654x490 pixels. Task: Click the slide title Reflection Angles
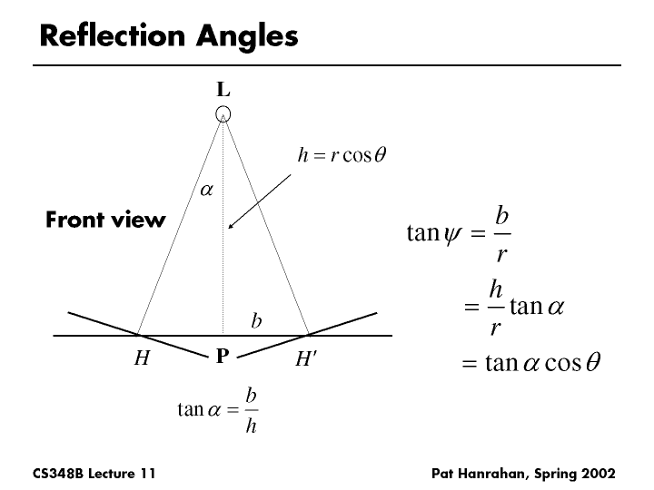169,36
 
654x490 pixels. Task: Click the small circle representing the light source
223,113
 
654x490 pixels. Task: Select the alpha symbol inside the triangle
206,191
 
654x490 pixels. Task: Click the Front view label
105,220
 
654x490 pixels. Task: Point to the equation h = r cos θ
342,155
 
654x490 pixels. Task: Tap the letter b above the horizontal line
257,321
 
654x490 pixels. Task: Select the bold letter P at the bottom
222,358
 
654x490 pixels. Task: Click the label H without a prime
142,358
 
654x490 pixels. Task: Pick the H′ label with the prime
306,359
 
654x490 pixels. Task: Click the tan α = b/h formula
217,411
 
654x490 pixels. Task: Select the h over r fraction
496,307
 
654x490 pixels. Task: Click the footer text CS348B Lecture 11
94,473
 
